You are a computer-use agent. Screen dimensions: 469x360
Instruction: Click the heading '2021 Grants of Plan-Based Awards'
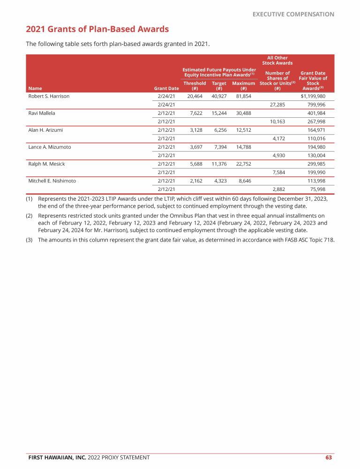pyautogui.click(x=97, y=30)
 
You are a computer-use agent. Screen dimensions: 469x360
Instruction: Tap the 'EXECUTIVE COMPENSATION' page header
pyautogui.click(x=293, y=14)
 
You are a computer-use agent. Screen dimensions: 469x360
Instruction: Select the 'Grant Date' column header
pyautogui.click(x=166, y=88)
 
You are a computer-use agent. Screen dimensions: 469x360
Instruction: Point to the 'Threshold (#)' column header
pyautogui.click(x=194, y=85)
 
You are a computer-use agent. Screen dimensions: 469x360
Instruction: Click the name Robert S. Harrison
pyautogui.click(x=49, y=96)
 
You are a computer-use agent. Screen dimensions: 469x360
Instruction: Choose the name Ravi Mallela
pyautogui.click(x=42, y=113)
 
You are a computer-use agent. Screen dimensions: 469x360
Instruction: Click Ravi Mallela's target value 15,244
pyautogui.click(x=219, y=113)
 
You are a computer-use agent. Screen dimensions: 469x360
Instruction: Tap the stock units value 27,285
pyautogui.click(x=277, y=105)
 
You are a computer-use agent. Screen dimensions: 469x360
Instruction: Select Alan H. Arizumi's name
pyautogui.click(x=45, y=130)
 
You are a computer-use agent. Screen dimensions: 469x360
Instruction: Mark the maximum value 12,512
pyautogui.click(x=244, y=130)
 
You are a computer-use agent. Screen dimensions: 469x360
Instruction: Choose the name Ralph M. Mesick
pyautogui.click(x=46, y=164)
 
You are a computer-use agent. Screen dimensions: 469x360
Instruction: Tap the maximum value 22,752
pyautogui.click(x=244, y=164)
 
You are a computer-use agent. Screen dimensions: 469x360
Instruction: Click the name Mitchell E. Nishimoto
pyautogui.click(x=52, y=181)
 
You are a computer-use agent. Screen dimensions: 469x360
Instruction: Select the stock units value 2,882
pyautogui.click(x=279, y=189)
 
